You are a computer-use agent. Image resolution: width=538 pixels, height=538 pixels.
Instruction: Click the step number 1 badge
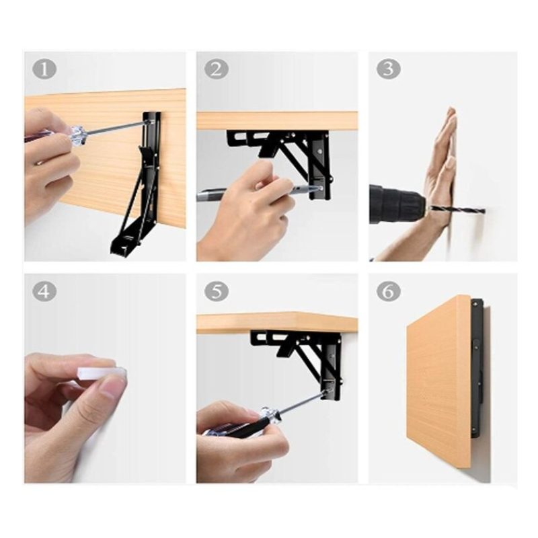pos(44,69)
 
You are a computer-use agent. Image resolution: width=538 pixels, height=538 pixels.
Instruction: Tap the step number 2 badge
pos(216,69)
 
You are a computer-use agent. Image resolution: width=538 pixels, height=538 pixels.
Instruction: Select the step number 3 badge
pos(389,69)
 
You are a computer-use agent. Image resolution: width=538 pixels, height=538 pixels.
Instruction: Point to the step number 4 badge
pos(44,292)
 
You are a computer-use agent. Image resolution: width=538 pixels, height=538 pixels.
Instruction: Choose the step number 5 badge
pos(216,292)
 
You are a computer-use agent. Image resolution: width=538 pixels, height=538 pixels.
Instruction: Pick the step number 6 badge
pos(389,292)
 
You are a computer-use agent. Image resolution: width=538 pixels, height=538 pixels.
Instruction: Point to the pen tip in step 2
pos(317,188)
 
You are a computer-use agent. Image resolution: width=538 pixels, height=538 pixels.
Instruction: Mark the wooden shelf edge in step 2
pos(277,121)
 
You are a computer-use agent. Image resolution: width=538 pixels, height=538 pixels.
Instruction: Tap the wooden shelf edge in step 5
pos(277,323)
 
